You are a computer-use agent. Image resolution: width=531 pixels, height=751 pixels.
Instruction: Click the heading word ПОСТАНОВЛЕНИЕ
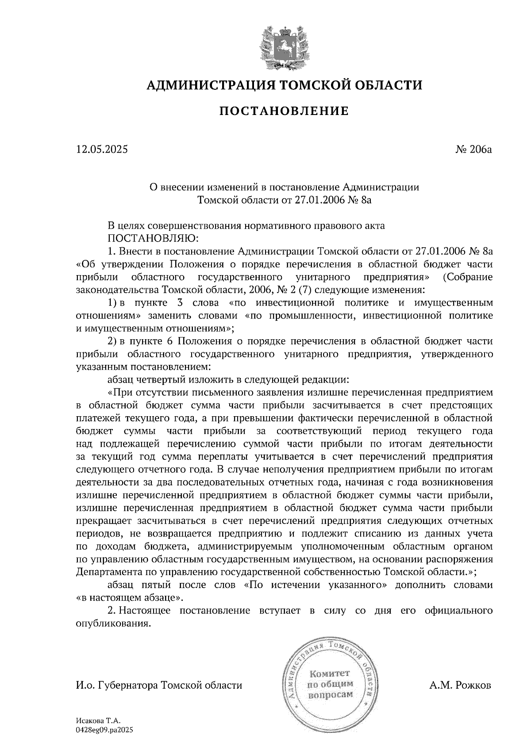point(284,111)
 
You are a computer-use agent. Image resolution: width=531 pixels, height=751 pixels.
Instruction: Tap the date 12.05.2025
point(102,149)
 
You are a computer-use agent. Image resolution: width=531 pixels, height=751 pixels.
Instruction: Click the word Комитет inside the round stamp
point(330,674)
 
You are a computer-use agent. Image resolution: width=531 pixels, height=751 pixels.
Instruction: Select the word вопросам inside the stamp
point(330,694)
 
